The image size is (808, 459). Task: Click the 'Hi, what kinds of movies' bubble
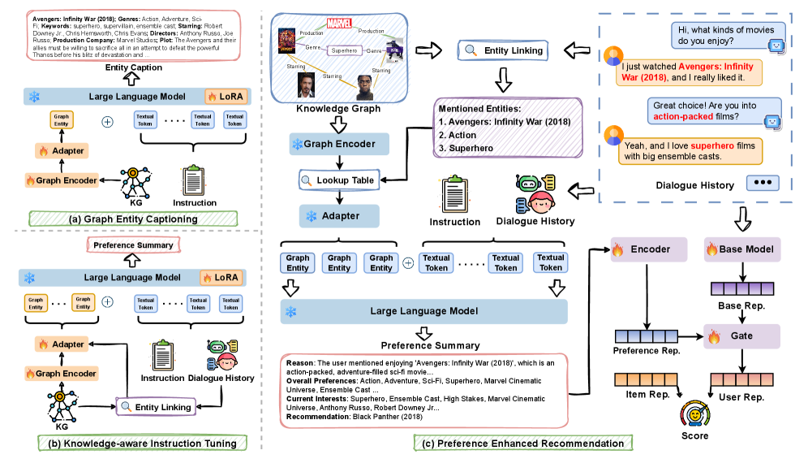tap(716, 34)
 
